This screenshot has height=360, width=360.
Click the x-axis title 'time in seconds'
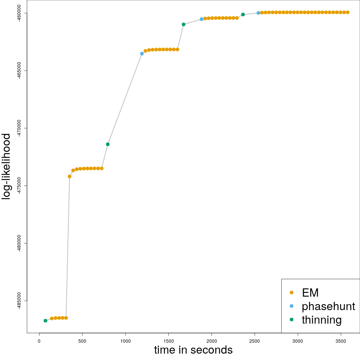[193, 350]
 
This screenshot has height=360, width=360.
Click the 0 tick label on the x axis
[39, 340]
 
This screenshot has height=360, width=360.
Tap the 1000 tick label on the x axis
[125, 340]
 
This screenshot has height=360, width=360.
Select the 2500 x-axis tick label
[255, 340]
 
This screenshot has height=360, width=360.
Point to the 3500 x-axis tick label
[341, 340]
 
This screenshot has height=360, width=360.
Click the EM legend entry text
[310, 292]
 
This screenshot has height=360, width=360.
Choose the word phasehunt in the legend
[328, 306]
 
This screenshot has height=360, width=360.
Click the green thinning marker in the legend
[291, 319]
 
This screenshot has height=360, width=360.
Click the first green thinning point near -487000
[45, 321]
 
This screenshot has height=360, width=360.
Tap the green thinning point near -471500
[108, 144]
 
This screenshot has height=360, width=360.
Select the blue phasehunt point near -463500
[142, 54]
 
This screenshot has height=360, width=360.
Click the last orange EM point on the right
[348, 12]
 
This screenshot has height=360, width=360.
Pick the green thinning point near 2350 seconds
[243, 15]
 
